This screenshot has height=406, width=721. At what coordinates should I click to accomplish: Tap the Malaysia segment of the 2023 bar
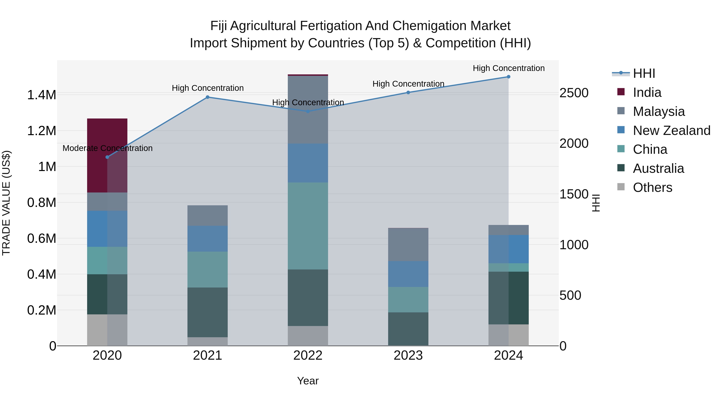coord(408,245)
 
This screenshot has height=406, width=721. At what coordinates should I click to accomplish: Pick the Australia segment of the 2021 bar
coord(207,312)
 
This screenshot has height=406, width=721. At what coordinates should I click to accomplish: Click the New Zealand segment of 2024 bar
coord(508,249)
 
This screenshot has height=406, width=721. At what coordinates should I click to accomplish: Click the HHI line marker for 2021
coord(207,97)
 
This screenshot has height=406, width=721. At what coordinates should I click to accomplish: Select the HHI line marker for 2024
coord(508,77)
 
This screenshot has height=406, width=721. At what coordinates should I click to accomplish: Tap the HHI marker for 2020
coord(107,157)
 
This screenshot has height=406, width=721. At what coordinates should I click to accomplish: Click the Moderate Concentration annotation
coord(108,148)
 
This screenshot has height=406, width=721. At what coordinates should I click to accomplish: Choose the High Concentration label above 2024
coord(508,68)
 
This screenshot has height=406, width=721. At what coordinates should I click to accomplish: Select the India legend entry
coord(647,92)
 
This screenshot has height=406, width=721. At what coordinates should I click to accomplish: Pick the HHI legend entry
coord(644,73)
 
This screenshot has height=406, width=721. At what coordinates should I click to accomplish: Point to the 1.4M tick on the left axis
coord(41,95)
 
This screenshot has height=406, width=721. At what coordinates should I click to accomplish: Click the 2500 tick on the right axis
coord(574,93)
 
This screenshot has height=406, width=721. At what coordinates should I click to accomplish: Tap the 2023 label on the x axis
coord(408,355)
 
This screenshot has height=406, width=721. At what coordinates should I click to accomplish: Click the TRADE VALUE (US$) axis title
coord(6,203)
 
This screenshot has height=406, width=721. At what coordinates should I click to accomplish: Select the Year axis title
coord(308,381)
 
